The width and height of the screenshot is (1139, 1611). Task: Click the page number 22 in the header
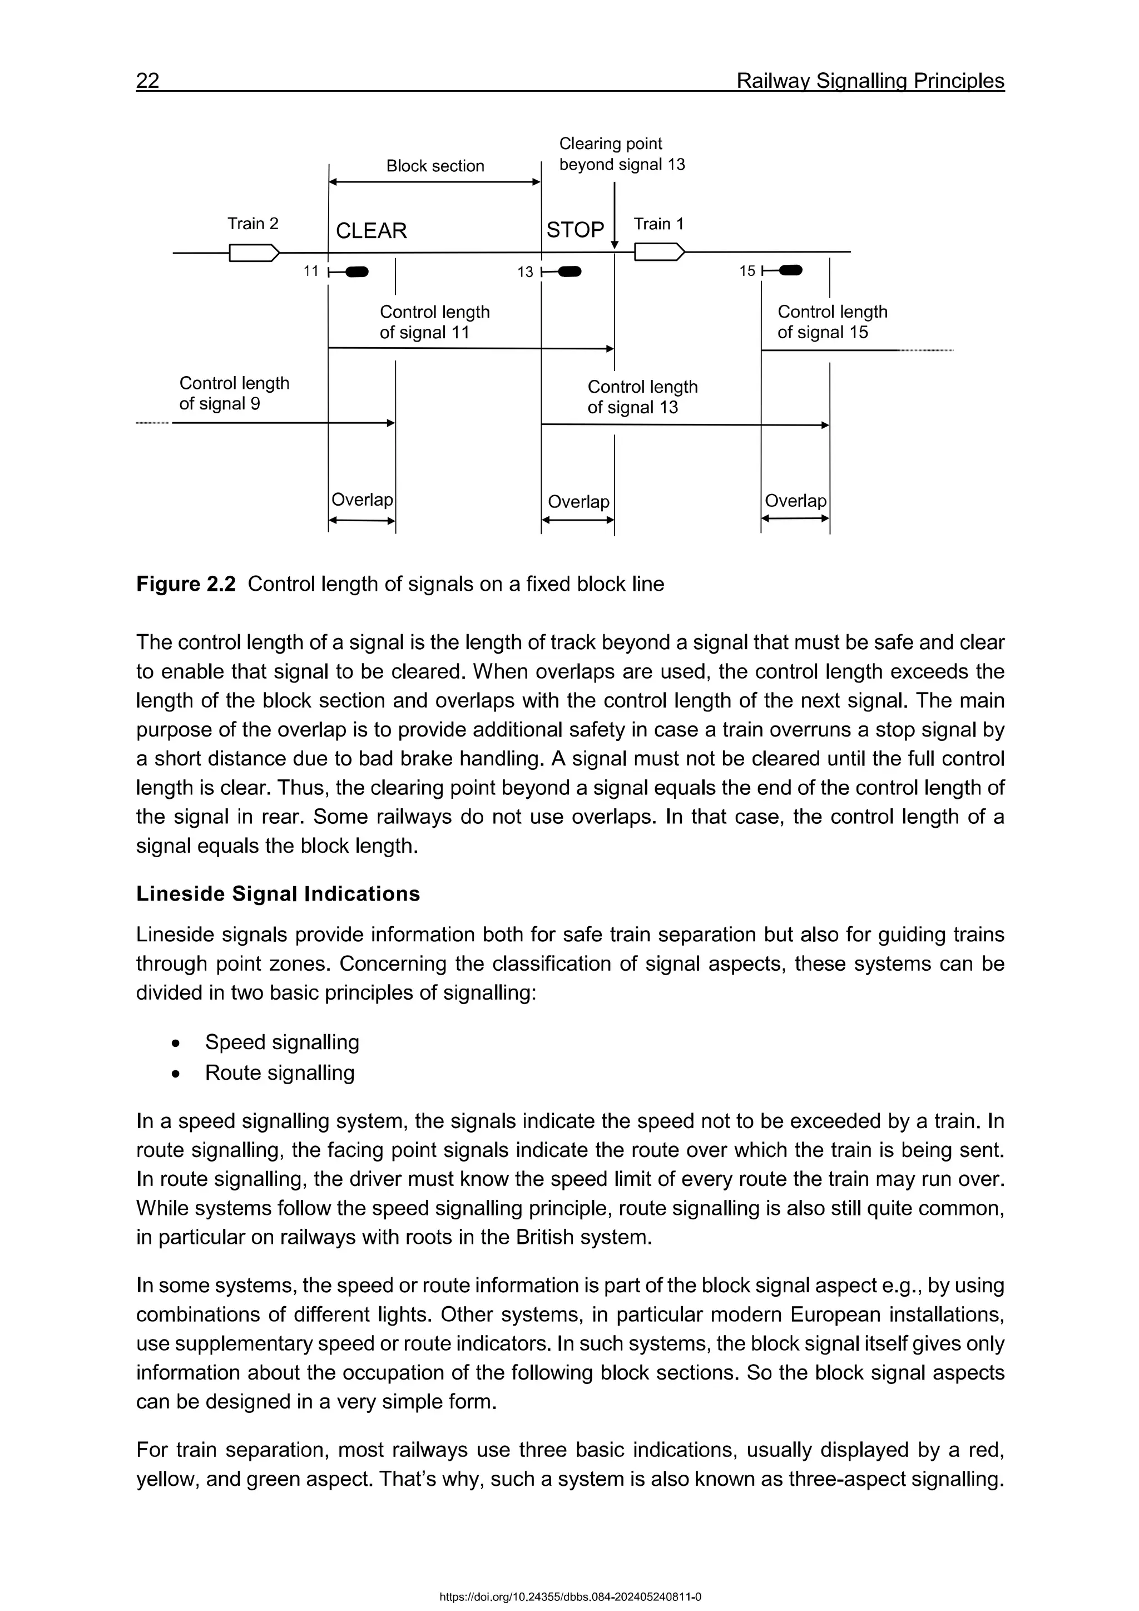click(148, 81)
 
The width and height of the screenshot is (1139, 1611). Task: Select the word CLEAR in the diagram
click(371, 231)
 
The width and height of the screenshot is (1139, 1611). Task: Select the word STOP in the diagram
click(575, 230)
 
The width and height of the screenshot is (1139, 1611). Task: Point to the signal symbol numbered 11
click(349, 271)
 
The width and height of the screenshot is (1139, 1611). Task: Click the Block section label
click(435, 166)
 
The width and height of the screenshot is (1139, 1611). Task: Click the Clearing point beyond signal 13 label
click(621, 154)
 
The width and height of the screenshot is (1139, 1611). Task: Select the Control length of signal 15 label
click(832, 322)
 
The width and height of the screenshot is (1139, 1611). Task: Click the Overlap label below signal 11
click(362, 500)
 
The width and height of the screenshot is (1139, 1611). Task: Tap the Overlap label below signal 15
click(795, 501)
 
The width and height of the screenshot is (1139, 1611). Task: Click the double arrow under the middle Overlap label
click(578, 521)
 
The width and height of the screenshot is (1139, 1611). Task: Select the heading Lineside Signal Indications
click(278, 893)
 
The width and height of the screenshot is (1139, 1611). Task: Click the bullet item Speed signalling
click(282, 1042)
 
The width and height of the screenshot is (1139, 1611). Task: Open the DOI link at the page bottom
click(569, 1597)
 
